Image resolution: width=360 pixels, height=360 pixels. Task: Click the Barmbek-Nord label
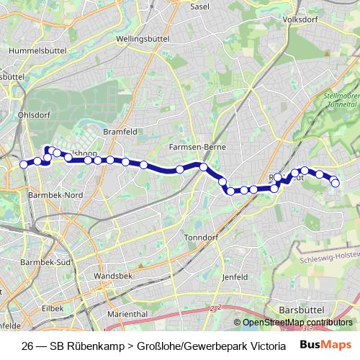point(55,195)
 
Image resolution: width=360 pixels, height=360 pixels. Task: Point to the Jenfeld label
point(235,276)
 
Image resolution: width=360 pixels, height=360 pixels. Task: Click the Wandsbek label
point(110,275)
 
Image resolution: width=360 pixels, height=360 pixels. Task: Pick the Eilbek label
point(53,307)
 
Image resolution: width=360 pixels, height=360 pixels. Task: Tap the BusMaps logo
point(325,344)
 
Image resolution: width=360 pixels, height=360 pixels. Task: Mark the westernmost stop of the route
point(23,164)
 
